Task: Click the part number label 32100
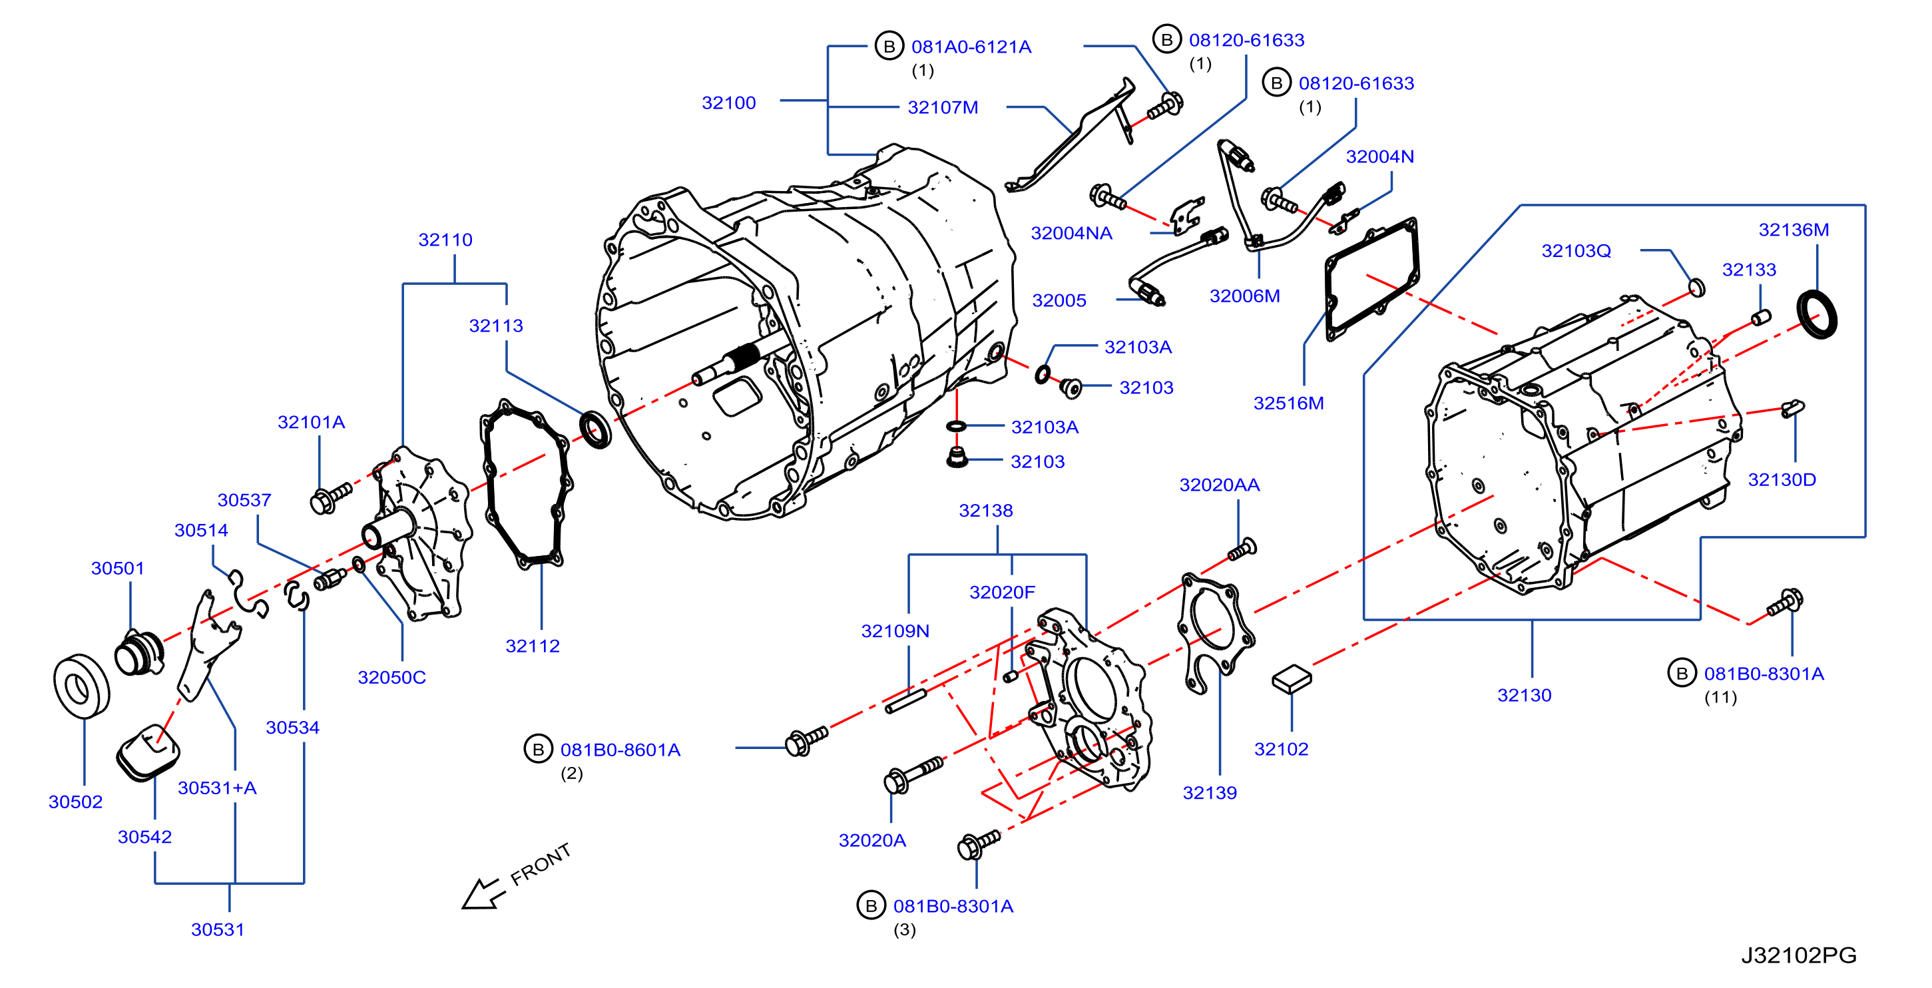pyautogui.click(x=728, y=103)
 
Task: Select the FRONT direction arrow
pyautogui.click(x=481, y=893)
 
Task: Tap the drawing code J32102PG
pyautogui.click(x=1798, y=955)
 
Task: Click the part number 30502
pyautogui.click(x=75, y=801)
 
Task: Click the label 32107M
pyautogui.click(x=943, y=107)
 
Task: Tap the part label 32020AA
pyautogui.click(x=1220, y=485)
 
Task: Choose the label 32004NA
pyautogui.click(x=1071, y=233)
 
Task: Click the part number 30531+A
pyautogui.click(x=217, y=788)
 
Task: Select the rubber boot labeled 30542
pyautogui.click(x=148, y=752)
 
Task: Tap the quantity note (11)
pyautogui.click(x=1720, y=697)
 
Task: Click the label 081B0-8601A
pyautogui.click(x=620, y=750)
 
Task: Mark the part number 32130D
pyautogui.click(x=1782, y=479)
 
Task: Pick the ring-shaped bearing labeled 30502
pyautogui.click(x=82, y=686)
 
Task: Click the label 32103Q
pyautogui.click(x=1576, y=250)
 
